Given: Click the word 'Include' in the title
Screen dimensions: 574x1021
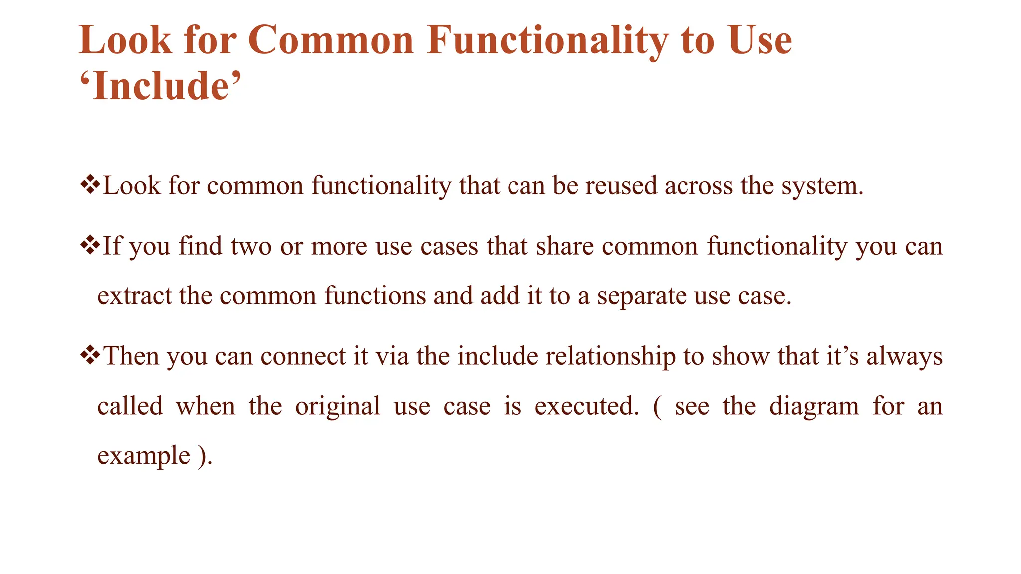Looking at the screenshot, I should coord(161,86).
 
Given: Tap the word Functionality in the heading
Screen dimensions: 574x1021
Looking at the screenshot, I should coord(547,40).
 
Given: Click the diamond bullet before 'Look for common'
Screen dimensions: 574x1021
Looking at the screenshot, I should coord(90,185).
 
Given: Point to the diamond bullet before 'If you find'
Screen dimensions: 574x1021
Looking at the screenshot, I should coord(90,246).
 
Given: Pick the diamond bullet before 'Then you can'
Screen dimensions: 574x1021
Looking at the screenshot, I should coord(90,356).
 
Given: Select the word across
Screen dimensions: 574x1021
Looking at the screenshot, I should coord(698,186).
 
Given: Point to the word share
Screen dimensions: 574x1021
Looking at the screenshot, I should coord(565,246).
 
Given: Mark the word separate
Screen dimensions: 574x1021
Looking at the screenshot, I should coord(642,297).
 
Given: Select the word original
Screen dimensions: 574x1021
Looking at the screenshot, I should coord(338,407).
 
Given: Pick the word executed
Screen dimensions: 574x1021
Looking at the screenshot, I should coord(586,406).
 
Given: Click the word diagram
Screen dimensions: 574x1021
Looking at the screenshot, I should coord(814,407).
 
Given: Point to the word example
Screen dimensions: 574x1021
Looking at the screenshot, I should coord(144,456).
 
